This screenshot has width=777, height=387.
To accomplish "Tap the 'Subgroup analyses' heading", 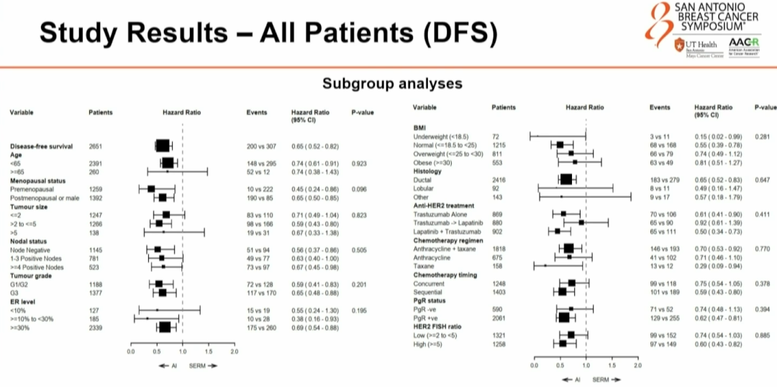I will (392, 83).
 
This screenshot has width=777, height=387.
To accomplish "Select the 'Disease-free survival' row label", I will (41, 146).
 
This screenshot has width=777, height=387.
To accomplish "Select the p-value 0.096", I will (360, 188).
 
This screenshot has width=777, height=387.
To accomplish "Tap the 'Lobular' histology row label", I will (424, 188).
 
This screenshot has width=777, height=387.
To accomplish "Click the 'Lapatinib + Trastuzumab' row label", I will (447, 231).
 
